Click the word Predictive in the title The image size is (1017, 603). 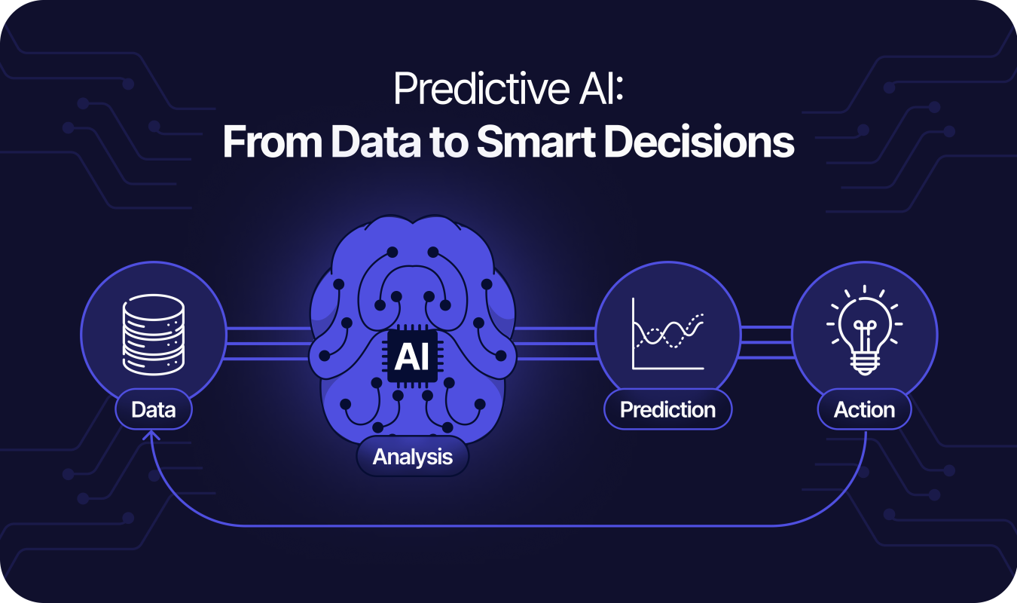click(x=481, y=89)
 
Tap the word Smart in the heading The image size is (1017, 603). click(x=536, y=142)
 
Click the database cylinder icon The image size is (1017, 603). click(x=154, y=335)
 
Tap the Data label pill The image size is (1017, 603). click(x=154, y=409)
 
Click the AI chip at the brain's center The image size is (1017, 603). click(x=412, y=357)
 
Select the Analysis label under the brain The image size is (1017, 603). click(x=412, y=456)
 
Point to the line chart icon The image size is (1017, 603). click(x=668, y=334)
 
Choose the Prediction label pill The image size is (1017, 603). click(x=668, y=409)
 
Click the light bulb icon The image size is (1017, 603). click(x=865, y=330)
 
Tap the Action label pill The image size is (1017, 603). click(x=865, y=409)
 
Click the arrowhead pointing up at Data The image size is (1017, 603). click(x=151, y=436)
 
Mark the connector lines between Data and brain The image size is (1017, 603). click(x=268, y=344)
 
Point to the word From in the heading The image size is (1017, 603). click(x=273, y=142)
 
